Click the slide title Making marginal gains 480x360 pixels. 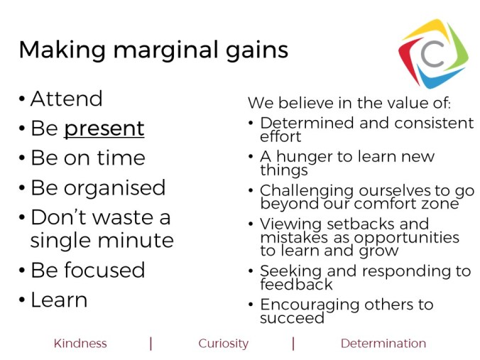[153, 50]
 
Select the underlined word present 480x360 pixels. [104, 129]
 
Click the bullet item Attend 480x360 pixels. [66, 99]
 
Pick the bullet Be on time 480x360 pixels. [87, 158]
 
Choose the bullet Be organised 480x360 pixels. [97, 187]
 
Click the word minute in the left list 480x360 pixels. [136, 240]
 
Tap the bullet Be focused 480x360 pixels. [87, 270]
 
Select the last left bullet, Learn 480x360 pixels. [59, 300]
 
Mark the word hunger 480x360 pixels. [307, 156]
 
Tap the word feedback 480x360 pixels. [296, 285]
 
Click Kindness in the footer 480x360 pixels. [80, 344]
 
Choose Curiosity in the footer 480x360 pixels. [223, 344]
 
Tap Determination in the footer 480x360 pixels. [383, 344]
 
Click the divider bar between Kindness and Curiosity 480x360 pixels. [151, 344]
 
